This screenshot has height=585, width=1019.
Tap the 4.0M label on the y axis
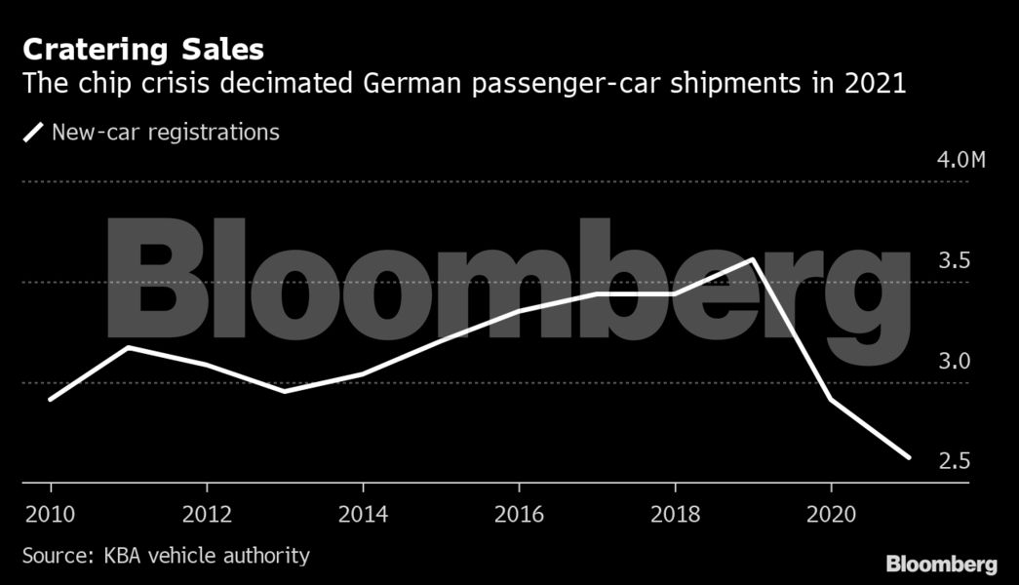(x=960, y=160)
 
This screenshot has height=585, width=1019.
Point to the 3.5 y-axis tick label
(x=954, y=260)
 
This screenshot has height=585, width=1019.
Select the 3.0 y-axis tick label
(x=954, y=361)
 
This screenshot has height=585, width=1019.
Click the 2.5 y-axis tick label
(x=954, y=460)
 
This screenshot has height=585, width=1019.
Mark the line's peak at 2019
(x=753, y=259)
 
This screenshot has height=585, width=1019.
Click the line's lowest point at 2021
(x=909, y=457)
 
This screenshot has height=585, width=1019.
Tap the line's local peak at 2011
(x=129, y=347)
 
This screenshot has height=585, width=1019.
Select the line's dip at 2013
(x=285, y=391)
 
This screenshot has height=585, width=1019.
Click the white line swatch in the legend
(x=34, y=133)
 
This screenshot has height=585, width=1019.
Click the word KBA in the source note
(x=117, y=557)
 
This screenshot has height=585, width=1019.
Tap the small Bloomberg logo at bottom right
(x=941, y=565)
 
